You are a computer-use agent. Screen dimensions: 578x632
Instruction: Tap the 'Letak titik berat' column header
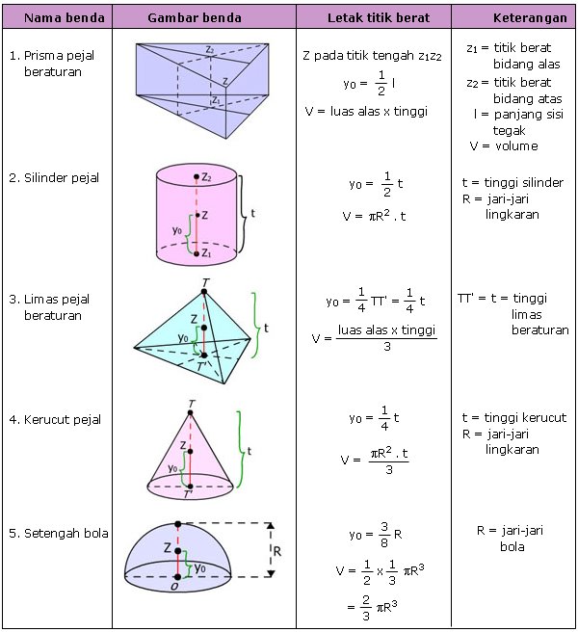(x=372, y=18)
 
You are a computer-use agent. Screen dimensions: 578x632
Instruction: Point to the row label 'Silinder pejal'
(x=62, y=178)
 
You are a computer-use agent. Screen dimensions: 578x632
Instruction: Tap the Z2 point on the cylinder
(x=196, y=177)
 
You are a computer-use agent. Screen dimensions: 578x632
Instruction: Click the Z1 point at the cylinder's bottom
(x=196, y=252)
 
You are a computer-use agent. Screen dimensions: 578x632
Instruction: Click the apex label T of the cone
(x=192, y=405)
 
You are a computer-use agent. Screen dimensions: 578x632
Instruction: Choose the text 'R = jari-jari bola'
(x=511, y=538)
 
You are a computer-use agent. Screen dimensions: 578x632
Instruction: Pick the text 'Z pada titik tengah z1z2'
(x=372, y=55)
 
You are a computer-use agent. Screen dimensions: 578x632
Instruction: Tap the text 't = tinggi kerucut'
(x=513, y=417)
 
